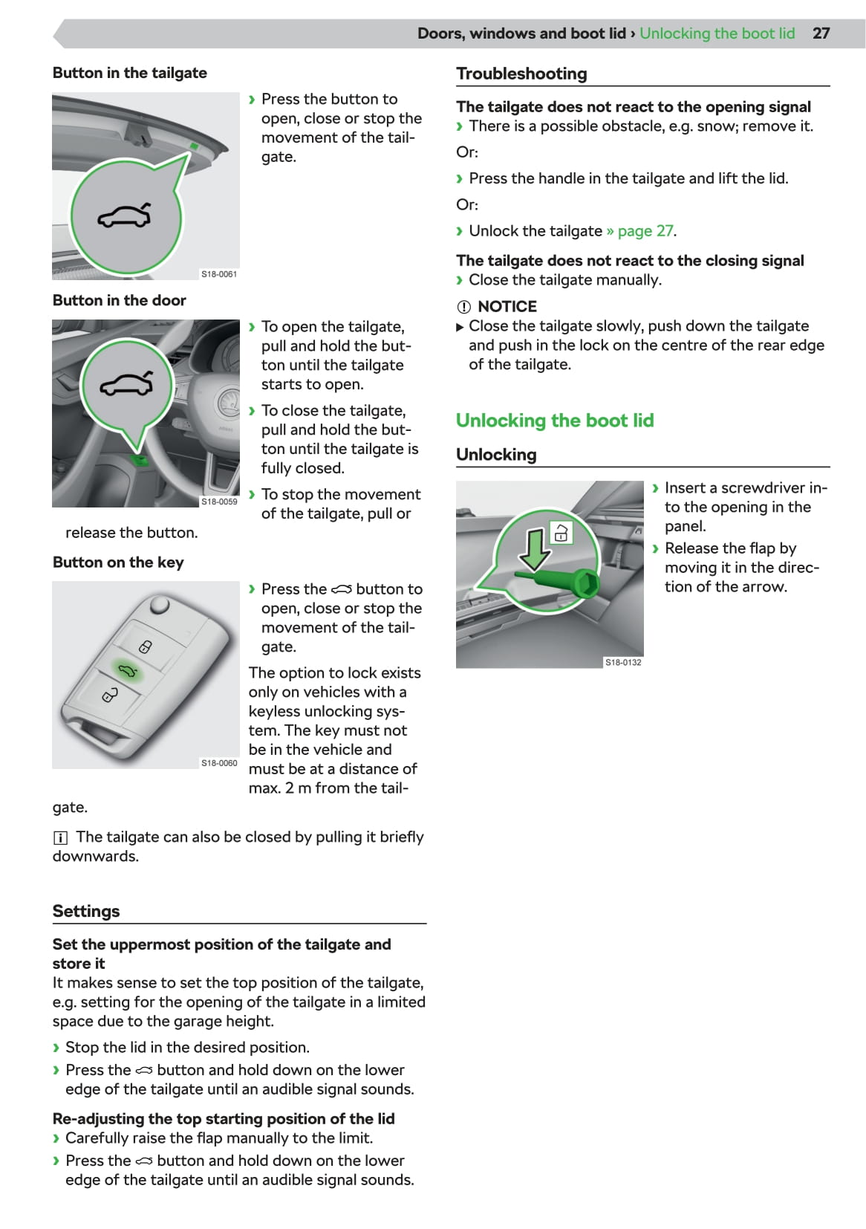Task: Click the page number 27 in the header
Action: click(821, 33)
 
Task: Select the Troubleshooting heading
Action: click(521, 74)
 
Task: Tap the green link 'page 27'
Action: click(645, 231)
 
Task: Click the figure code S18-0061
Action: click(219, 274)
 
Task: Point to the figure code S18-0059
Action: click(219, 502)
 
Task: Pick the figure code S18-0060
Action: click(219, 763)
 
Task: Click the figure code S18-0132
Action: click(623, 662)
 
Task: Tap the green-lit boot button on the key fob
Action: click(128, 671)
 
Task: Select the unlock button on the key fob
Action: click(110, 695)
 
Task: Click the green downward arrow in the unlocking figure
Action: click(534, 548)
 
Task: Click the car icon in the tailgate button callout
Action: click(125, 216)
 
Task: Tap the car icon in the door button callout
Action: click(126, 383)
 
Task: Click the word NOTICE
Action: click(507, 307)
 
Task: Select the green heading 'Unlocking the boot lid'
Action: click(555, 421)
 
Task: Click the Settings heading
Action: click(86, 911)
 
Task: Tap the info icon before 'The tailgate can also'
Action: click(60, 838)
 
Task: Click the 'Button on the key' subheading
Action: click(118, 562)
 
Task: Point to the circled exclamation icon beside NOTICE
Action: click(464, 307)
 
